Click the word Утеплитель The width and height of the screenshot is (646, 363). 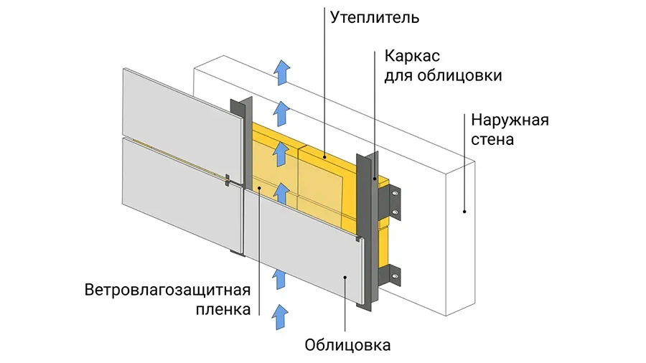[x=374, y=16]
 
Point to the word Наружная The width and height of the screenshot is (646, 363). [x=510, y=119]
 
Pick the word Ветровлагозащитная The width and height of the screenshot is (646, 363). [x=167, y=291]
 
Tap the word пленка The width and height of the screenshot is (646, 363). [x=223, y=310]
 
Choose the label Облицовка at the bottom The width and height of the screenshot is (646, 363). [x=347, y=345]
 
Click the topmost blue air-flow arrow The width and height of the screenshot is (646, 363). [x=283, y=72]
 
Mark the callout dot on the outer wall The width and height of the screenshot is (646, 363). [x=464, y=212]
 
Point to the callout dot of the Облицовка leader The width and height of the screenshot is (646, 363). [x=347, y=276]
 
